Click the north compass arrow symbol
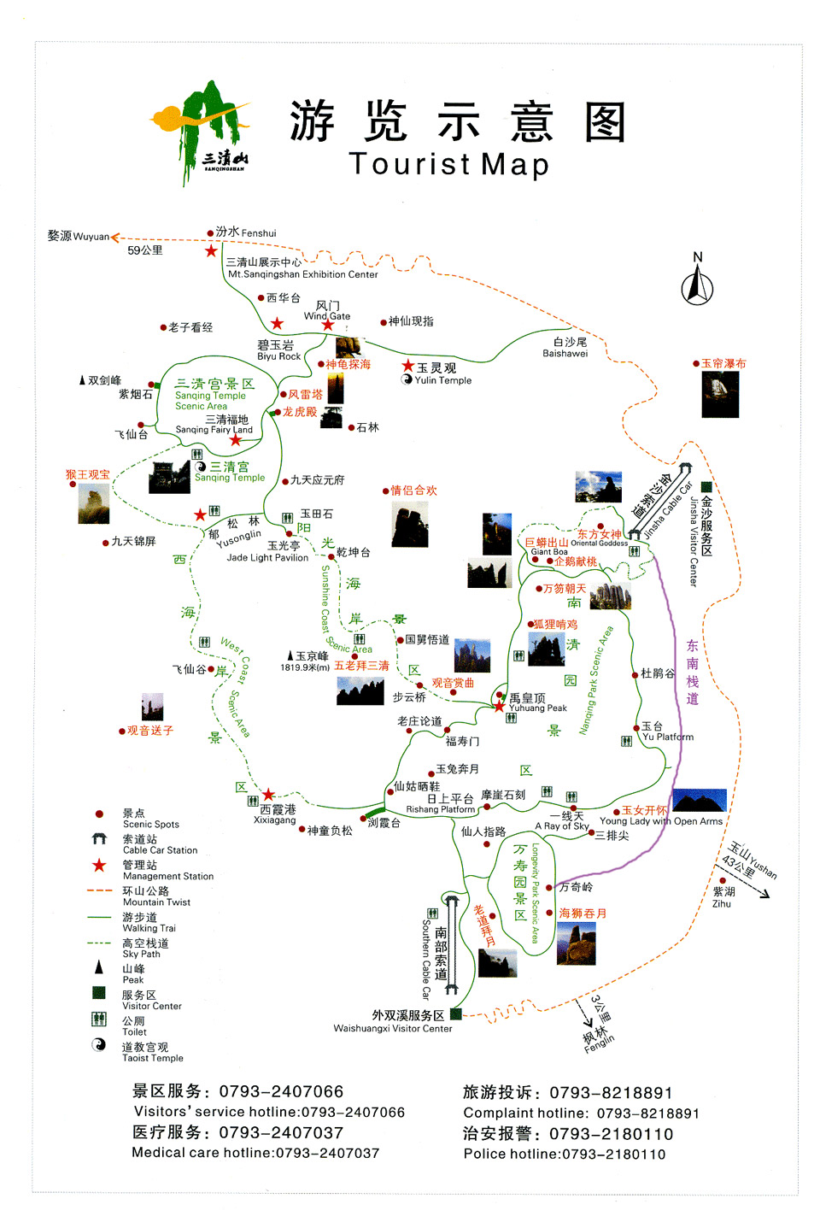[x=697, y=283]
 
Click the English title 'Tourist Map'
[x=448, y=163]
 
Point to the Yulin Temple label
[x=442, y=380]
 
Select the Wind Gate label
[x=327, y=315]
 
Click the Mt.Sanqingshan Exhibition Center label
[x=302, y=274]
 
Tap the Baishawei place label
[x=565, y=353]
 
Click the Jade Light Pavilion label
[x=267, y=557]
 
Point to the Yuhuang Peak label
[x=538, y=708]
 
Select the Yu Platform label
[x=668, y=737]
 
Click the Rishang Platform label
[x=440, y=809]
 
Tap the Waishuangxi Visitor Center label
[x=393, y=1028]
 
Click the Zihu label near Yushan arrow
[x=722, y=903]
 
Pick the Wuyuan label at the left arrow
[x=91, y=237]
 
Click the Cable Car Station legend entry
[x=160, y=850]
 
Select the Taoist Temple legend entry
[x=152, y=1058]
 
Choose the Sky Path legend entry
[x=141, y=954]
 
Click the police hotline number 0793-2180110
[x=613, y=1154]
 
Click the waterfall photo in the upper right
[x=720, y=394]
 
